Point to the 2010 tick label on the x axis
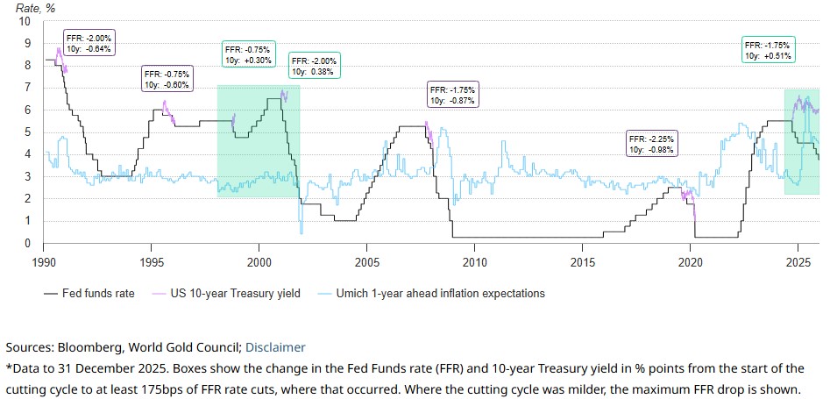474,262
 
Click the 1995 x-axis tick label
152,262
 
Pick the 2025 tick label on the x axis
798,262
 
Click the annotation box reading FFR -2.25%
652,144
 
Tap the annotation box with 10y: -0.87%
451,96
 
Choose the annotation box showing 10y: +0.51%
767,50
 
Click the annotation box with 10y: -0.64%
89,42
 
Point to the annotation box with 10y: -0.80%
167,79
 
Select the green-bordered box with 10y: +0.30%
247,54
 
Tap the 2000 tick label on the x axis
259,262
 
